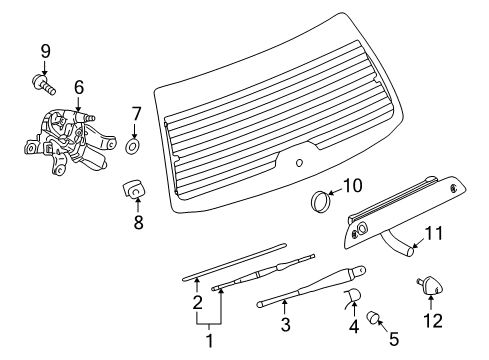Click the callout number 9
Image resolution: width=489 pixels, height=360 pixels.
click(x=44, y=50)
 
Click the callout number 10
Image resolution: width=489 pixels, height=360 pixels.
click(x=351, y=185)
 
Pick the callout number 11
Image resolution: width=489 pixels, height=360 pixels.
click(x=434, y=262)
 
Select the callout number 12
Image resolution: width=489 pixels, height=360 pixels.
click(x=431, y=321)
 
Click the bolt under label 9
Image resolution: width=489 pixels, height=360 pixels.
click(x=43, y=80)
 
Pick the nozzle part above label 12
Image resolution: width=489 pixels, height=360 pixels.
click(x=433, y=288)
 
